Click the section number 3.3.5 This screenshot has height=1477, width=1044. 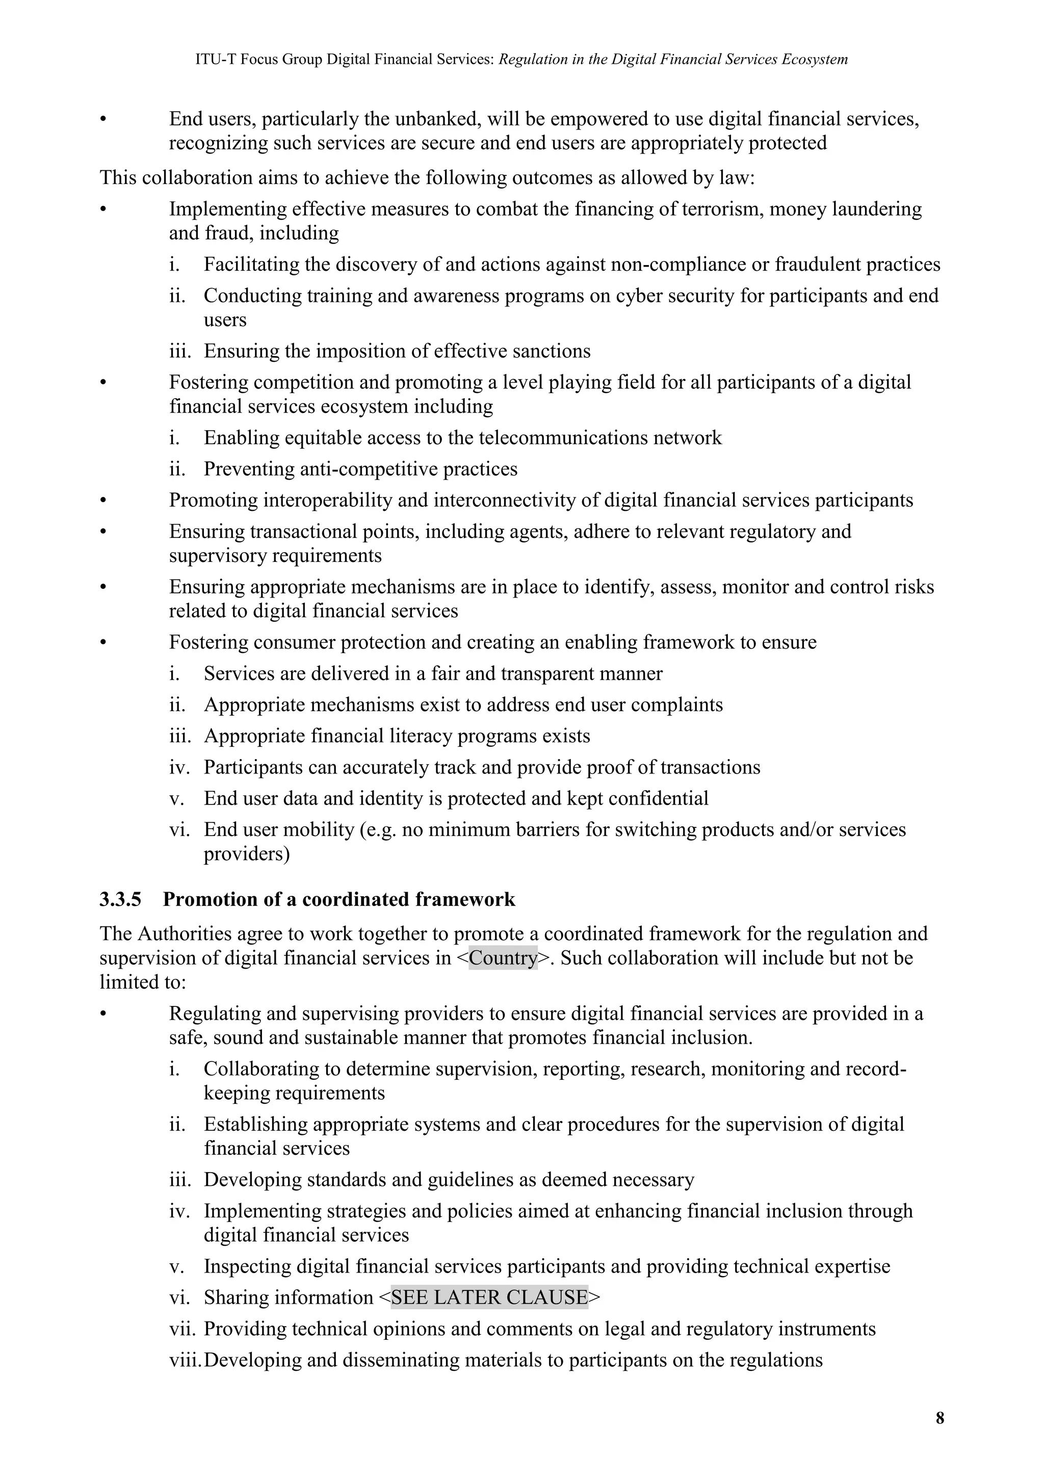[120, 899]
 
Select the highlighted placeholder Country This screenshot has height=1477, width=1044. [503, 958]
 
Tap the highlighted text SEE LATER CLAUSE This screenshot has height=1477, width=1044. [489, 1298]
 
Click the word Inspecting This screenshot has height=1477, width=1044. [247, 1266]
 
